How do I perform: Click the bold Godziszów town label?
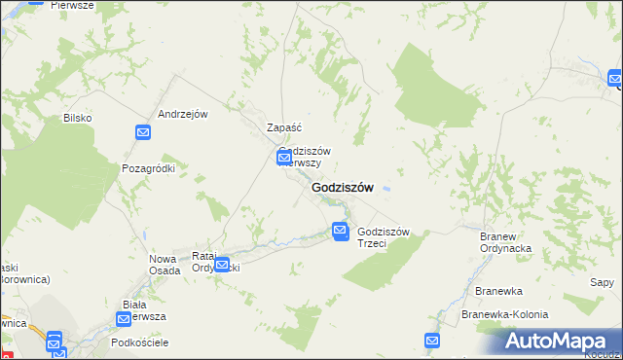pyautogui.click(x=342, y=188)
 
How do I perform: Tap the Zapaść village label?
pyautogui.click(x=285, y=127)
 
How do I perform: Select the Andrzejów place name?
pyautogui.click(x=184, y=114)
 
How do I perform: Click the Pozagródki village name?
pyautogui.click(x=148, y=168)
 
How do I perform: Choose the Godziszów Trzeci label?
pyautogui.click(x=385, y=237)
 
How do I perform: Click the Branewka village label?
pyautogui.click(x=498, y=291)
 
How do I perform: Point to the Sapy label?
pyautogui.click(x=602, y=282)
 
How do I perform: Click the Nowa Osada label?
pyautogui.click(x=163, y=264)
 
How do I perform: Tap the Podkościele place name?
pyautogui.click(x=140, y=342)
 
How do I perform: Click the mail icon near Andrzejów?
pyautogui.click(x=143, y=132)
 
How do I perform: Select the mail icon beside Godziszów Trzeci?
pyautogui.click(x=340, y=231)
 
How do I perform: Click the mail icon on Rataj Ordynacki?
pyautogui.click(x=223, y=264)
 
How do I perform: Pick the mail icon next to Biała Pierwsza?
pyautogui.click(x=125, y=318)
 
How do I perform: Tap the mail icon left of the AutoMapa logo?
pyautogui.click(x=432, y=340)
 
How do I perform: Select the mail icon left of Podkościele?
pyautogui.click(x=54, y=340)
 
